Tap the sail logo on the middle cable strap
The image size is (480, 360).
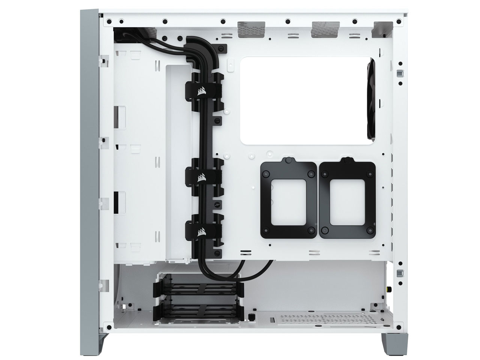click(x=203, y=177)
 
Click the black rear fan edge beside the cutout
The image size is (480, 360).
click(x=372, y=99)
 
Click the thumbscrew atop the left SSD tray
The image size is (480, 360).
click(x=288, y=160)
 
